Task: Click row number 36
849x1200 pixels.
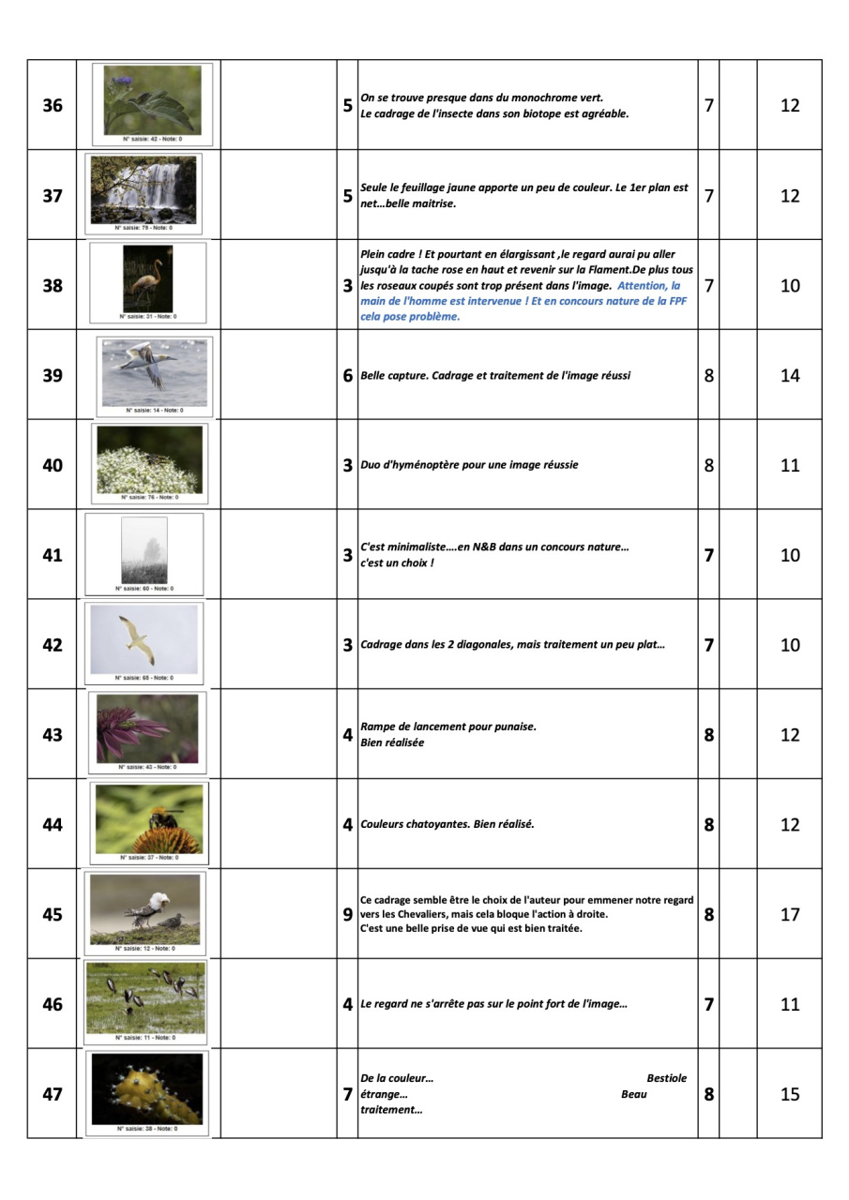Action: tap(53, 106)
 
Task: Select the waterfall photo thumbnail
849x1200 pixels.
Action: tap(144, 189)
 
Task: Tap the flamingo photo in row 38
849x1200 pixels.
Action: tap(147, 278)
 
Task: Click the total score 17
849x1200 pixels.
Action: tap(790, 915)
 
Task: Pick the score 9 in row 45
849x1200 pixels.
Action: tap(347, 915)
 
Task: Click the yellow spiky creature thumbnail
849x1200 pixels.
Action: tap(147, 1088)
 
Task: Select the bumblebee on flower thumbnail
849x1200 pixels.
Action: tap(149, 818)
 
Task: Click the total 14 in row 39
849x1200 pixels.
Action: tap(790, 376)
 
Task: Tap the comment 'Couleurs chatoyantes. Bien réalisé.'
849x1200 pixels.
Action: tap(447, 825)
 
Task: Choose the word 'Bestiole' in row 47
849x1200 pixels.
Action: tap(666, 1078)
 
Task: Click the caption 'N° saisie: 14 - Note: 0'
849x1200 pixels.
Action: tap(154, 410)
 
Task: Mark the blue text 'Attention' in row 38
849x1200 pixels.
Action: tap(642, 285)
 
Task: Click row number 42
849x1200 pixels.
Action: tap(53, 646)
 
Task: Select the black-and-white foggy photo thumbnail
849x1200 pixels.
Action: tap(144, 550)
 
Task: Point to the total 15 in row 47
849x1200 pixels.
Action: tap(790, 1095)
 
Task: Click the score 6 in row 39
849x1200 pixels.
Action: tap(347, 376)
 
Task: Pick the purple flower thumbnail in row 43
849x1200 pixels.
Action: tap(147, 728)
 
